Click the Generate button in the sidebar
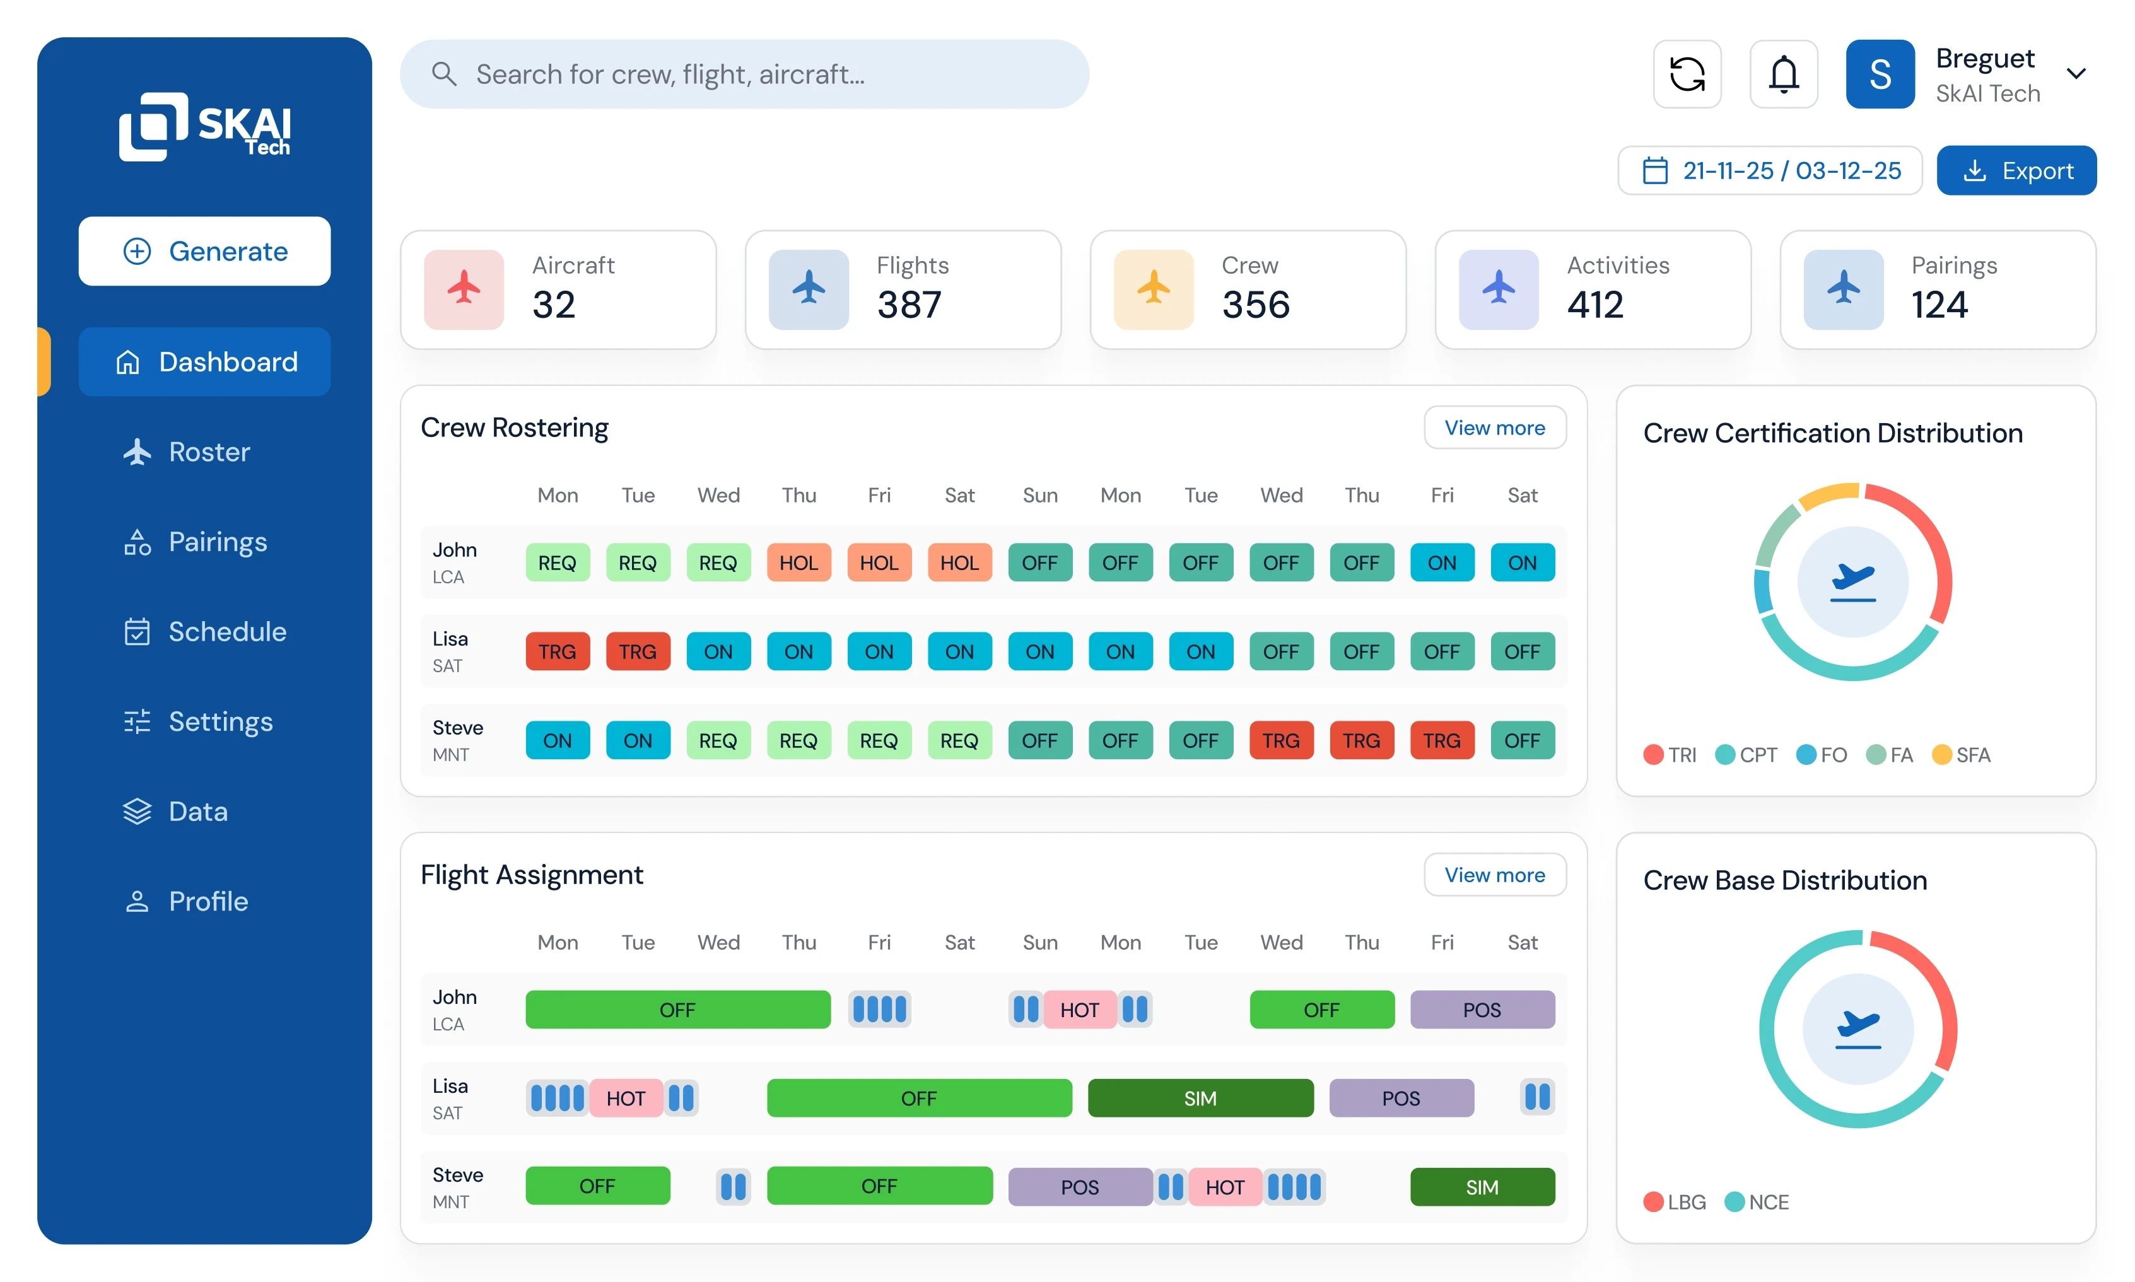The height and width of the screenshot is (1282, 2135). [205, 252]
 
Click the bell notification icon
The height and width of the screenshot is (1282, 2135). [1783, 74]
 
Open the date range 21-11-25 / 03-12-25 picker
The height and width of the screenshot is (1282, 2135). [1770, 171]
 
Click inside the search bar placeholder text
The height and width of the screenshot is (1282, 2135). [670, 74]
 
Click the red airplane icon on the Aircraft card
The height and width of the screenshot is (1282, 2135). [464, 289]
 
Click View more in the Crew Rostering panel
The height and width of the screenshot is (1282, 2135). [1494, 428]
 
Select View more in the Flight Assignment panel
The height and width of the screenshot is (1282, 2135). [1494, 875]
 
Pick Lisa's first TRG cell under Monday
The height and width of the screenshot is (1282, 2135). [558, 651]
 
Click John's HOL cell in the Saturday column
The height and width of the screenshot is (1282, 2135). [959, 563]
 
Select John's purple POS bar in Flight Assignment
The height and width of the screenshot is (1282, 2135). [1482, 1010]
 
